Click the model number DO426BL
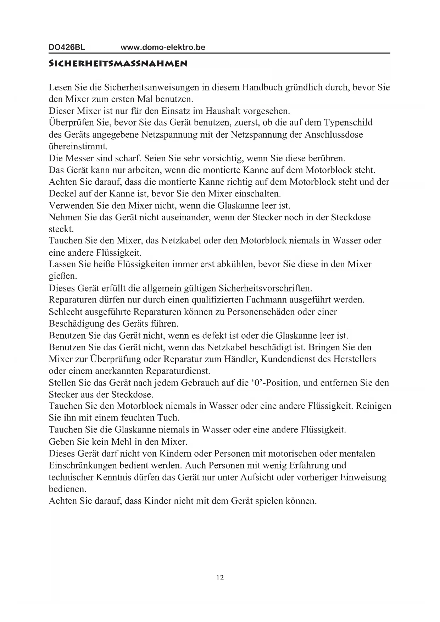tap(67, 47)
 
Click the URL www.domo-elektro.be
tap(163, 47)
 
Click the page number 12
tap(220, 578)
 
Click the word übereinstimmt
tap(78, 146)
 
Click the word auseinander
tap(183, 217)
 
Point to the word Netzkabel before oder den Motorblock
tap(180, 241)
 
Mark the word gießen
tap(63, 276)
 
